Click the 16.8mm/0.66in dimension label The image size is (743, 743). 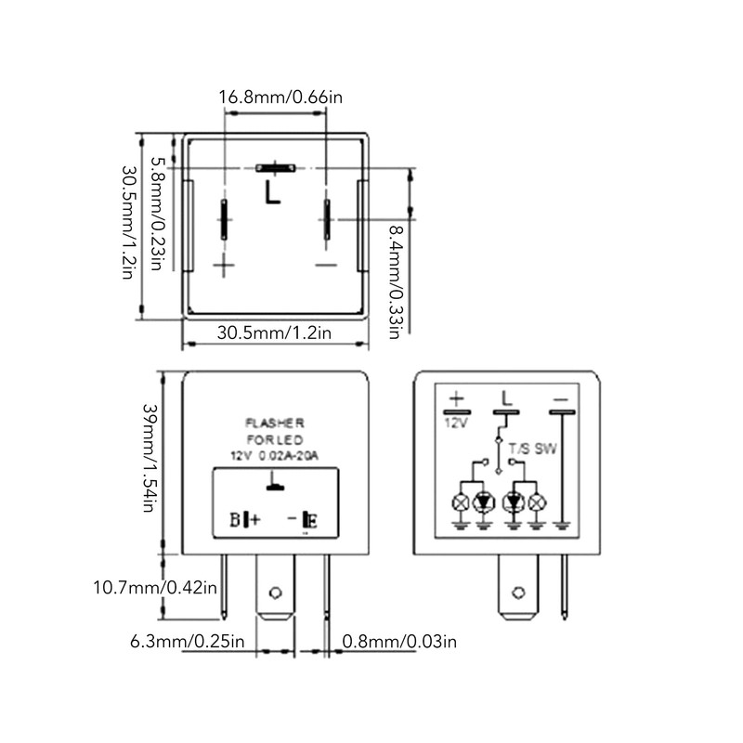(280, 98)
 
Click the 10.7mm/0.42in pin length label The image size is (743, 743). (155, 588)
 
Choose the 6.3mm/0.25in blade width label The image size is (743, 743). (188, 642)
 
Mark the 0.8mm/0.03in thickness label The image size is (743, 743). (399, 642)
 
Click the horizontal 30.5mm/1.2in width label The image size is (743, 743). (274, 332)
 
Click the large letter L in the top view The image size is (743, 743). (272, 192)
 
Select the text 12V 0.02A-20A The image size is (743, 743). (274, 456)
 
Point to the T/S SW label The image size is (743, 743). (533, 449)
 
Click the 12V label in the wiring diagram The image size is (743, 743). (456, 423)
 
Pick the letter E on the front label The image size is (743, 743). (312, 520)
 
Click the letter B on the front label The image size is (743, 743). (236, 520)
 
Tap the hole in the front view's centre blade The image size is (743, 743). (275, 593)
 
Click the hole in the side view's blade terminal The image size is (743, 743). (518, 593)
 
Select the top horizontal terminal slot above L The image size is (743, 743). (275, 168)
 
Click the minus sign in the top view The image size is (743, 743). (326, 265)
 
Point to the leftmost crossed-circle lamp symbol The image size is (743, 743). (460, 502)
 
